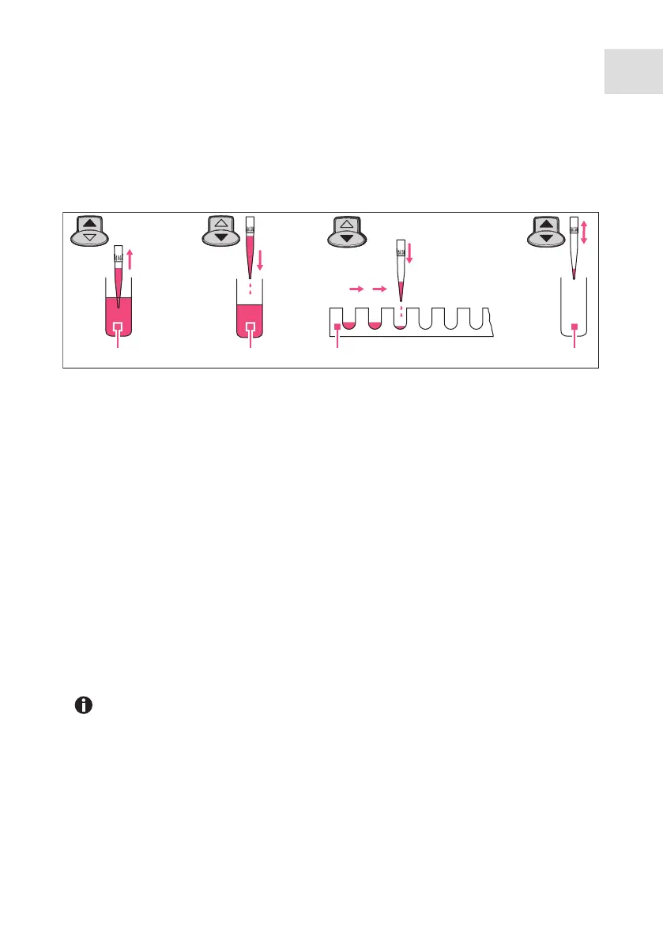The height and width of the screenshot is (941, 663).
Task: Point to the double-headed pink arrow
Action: click(584, 232)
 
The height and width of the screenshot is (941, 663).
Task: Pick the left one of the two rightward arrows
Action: click(354, 301)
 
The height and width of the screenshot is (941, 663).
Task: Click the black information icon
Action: click(83, 706)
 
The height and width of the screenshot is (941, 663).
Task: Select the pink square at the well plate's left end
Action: click(337, 326)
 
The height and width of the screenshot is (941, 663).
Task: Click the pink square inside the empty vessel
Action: click(574, 326)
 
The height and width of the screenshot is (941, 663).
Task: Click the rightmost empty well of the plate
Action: click(476, 319)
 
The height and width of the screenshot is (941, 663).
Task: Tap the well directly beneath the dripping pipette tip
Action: click(401, 319)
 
